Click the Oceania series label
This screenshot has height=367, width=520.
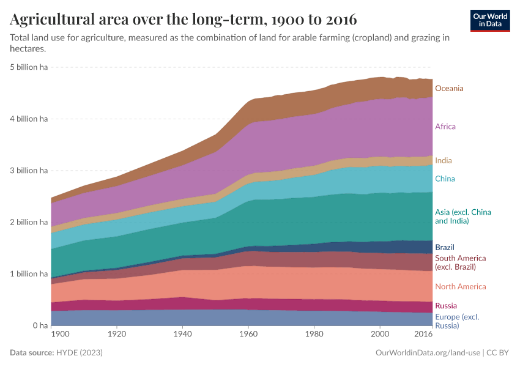[x=449, y=88]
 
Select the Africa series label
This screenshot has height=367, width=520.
[x=445, y=127]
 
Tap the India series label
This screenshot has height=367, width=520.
[x=444, y=160]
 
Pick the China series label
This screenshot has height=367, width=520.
[x=445, y=179]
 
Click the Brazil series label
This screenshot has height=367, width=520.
[x=444, y=247]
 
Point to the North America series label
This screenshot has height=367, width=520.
[x=461, y=286]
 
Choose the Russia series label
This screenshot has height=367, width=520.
[x=445, y=305]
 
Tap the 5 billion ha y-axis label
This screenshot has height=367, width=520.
[x=29, y=67]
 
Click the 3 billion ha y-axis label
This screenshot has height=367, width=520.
[x=29, y=171]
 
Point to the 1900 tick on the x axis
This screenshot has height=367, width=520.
[x=60, y=335]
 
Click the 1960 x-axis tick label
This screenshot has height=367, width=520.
[x=248, y=335]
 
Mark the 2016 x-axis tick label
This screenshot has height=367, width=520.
[x=423, y=335]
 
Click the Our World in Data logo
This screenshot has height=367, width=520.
[x=491, y=20]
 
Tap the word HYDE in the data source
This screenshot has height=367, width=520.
[x=69, y=353]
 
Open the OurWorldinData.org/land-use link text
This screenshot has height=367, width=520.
[x=426, y=353]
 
